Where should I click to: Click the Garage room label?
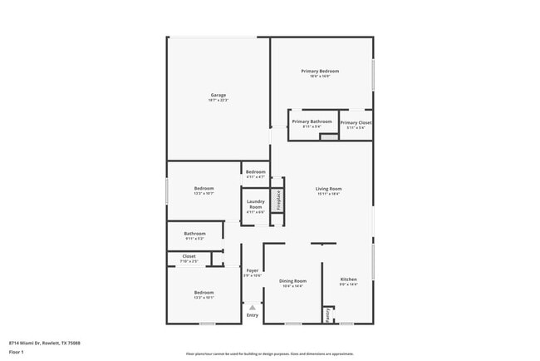point(218,96)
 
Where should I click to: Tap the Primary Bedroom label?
point(320,72)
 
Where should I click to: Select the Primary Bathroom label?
point(312,122)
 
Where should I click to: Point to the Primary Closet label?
point(356,123)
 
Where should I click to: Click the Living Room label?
point(329,189)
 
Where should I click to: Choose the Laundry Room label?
point(255,204)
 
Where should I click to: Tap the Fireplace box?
point(278,200)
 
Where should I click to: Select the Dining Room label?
point(292,281)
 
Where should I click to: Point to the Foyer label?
point(252,271)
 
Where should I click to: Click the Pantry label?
point(328,315)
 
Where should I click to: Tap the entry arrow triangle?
point(253,307)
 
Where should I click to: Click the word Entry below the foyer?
point(253,315)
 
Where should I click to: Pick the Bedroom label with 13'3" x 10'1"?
point(204,293)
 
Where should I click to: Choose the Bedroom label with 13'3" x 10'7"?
point(204,189)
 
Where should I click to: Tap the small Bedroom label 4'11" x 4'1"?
point(255,172)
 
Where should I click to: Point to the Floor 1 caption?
point(17,352)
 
